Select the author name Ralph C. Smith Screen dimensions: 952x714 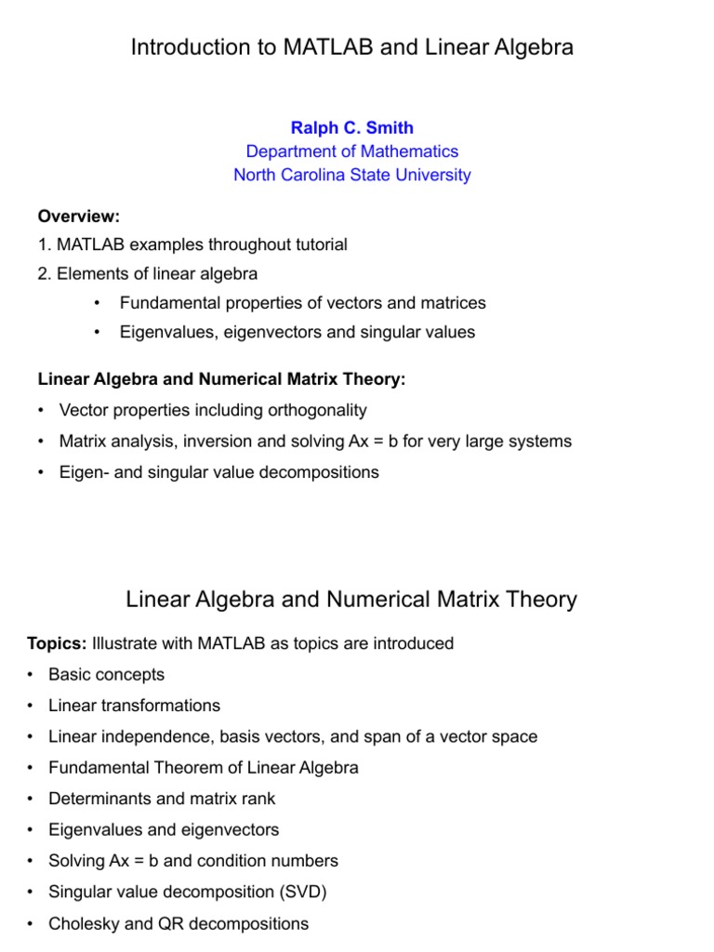click(x=351, y=128)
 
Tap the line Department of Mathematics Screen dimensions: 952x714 click(x=351, y=152)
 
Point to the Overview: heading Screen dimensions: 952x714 click(x=79, y=217)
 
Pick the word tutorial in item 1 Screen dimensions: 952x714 click(x=314, y=245)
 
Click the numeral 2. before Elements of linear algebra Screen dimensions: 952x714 click(x=44, y=274)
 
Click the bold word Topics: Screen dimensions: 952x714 click(x=57, y=644)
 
